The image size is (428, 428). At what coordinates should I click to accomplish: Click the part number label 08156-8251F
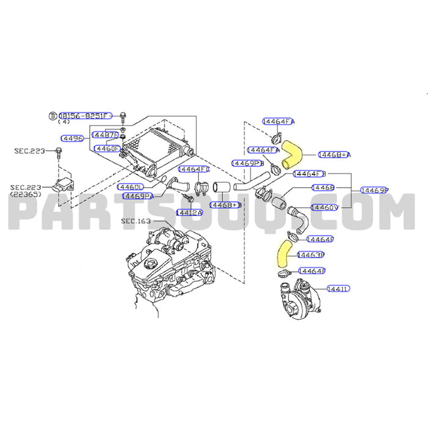tap(85, 115)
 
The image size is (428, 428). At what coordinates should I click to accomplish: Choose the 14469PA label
tap(138, 196)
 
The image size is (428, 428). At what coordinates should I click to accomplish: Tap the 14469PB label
tap(247, 163)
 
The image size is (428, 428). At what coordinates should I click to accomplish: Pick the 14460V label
tap(325, 208)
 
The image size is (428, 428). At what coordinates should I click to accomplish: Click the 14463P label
tap(310, 254)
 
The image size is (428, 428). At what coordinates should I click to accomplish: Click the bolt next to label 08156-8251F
tap(124, 116)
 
